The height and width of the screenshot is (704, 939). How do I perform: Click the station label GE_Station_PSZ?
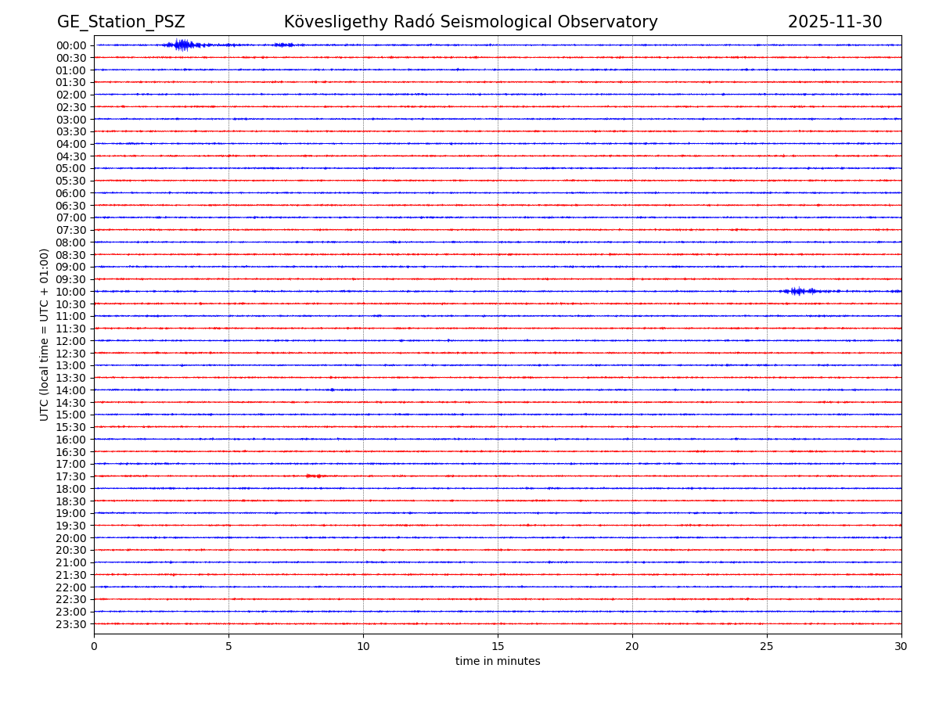121,23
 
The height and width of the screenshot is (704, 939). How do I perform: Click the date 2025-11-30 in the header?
834,23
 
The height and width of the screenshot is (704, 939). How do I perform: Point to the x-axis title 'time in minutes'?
498,662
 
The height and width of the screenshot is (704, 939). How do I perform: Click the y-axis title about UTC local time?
45,334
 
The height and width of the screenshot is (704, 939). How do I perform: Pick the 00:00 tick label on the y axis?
71,45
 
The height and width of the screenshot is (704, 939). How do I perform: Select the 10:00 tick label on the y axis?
71,292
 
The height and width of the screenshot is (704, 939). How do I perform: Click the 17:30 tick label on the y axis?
71,476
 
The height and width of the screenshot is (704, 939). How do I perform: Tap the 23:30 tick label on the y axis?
71,624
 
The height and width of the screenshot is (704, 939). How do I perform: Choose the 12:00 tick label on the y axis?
71,341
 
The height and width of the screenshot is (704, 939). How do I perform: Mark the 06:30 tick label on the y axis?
71,206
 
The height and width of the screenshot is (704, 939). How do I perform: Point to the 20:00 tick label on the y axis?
71,538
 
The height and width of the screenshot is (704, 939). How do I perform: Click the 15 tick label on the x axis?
498,646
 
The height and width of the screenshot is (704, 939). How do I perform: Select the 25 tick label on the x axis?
767,646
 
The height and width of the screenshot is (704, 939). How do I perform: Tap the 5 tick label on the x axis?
228,646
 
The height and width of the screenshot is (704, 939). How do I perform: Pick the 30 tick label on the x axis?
901,646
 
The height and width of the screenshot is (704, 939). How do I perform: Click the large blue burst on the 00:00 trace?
182,45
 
